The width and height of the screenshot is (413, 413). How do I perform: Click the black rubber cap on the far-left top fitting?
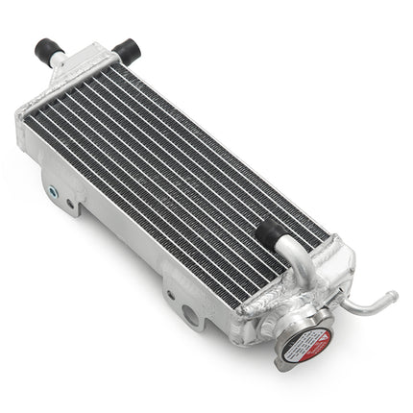[x=47, y=47]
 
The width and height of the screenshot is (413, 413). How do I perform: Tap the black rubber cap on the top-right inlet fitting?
[x=125, y=49]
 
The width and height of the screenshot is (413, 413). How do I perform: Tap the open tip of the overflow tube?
[x=393, y=296]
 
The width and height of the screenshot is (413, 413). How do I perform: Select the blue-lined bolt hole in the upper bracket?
[x=70, y=204]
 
